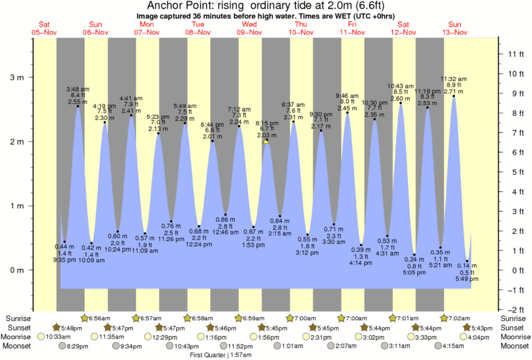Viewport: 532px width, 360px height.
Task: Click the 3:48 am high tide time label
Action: pos(78,89)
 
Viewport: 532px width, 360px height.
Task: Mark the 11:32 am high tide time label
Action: pos(454,78)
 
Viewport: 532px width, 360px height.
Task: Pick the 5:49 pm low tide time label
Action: pos(468,279)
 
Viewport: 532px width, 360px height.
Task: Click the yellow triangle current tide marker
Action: pos(266,141)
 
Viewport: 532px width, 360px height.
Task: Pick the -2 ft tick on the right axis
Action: pos(513,309)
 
